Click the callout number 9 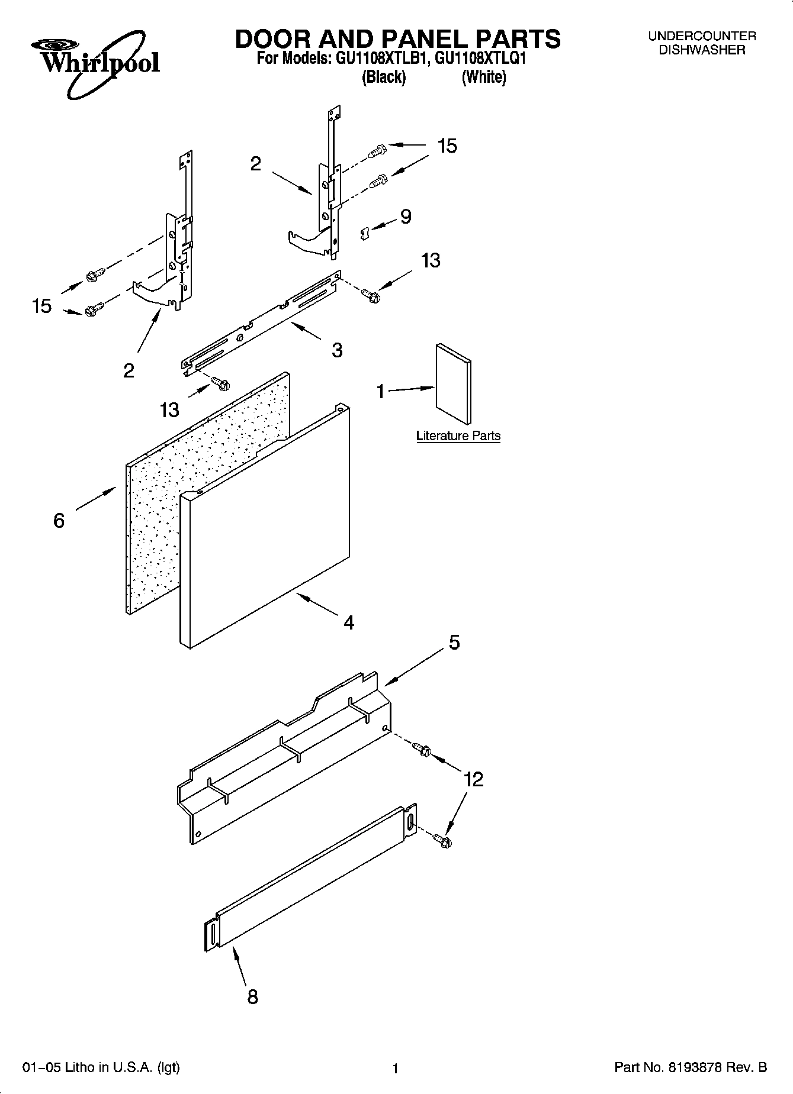click(406, 217)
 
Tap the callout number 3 click(336, 350)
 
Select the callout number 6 click(59, 521)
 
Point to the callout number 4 click(349, 622)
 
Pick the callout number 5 click(454, 643)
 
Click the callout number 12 click(474, 779)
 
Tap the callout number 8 click(252, 997)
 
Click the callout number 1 click(381, 391)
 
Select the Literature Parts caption click(458, 436)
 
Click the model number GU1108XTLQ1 click(480, 59)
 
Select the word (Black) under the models click(384, 77)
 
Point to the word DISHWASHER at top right click(702, 50)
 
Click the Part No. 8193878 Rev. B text click(691, 1067)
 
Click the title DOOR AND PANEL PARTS click(397, 38)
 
